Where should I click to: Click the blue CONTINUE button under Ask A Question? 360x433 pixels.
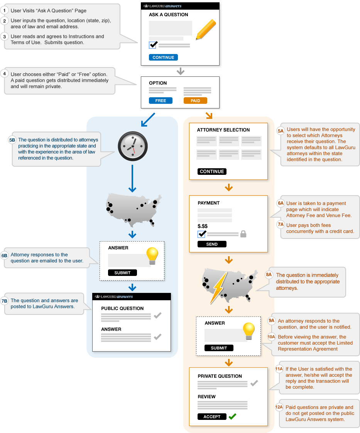click(x=163, y=57)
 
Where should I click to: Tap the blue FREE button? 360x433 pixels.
click(x=161, y=100)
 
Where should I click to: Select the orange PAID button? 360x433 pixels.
click(x=195, y=100)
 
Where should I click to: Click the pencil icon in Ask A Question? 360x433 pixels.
click(x=206, y=29)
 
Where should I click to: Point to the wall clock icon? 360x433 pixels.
click(x=133, y=146)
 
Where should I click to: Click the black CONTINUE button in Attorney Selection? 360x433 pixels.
click(x=212, y=171)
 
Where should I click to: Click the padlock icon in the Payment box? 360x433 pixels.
click(x=243, y=234)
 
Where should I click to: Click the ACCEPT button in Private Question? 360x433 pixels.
click(x=212, y=416)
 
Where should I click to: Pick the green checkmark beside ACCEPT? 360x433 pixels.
click(x=232, y=416)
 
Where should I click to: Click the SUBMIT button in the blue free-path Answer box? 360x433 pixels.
click(x=122, y=272)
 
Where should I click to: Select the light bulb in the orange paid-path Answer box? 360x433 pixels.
click(x=249, y=331)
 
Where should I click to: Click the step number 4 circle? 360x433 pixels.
click(x=4, y=74)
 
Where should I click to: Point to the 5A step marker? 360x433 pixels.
click(x=281, y=131)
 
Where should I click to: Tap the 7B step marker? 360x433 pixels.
click(x=4, y=301)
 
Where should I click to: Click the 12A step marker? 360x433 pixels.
click(x=279, y=407)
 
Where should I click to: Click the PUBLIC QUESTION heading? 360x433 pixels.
click(x=122, y=308)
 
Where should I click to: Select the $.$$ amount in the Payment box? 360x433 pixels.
click(x=202, y=226)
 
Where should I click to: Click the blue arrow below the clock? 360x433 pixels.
click(x=132, y=178)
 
